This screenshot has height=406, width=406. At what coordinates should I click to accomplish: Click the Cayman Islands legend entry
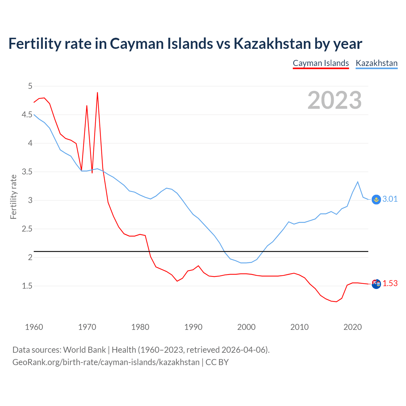[321, 63]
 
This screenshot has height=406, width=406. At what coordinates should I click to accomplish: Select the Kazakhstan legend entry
[377, 63]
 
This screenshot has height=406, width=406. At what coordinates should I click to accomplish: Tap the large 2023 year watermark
[335, 100]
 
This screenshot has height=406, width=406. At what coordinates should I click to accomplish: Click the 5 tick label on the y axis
[30, 86]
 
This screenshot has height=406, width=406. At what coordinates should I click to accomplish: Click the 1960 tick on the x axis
[34, 327]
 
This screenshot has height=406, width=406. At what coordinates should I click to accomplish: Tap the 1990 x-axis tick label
[193, 327]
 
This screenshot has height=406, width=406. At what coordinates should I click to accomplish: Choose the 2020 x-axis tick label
[352, 327]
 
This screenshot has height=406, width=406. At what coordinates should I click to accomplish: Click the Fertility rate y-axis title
[13, 197]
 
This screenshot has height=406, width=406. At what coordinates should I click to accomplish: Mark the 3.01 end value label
[390, 199]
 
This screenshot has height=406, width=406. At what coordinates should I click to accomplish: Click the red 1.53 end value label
[390, 283]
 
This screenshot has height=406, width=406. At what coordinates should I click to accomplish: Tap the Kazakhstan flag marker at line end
[376, 199]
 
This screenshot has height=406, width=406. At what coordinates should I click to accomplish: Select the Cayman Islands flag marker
[376, 284]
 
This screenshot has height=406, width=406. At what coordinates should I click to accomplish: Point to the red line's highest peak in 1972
[97, 93]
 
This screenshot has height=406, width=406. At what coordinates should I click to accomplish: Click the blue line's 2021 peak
[358, 182]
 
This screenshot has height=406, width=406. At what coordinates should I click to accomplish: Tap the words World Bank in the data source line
[84, 350]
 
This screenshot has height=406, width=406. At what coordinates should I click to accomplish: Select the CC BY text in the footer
[217, 362]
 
